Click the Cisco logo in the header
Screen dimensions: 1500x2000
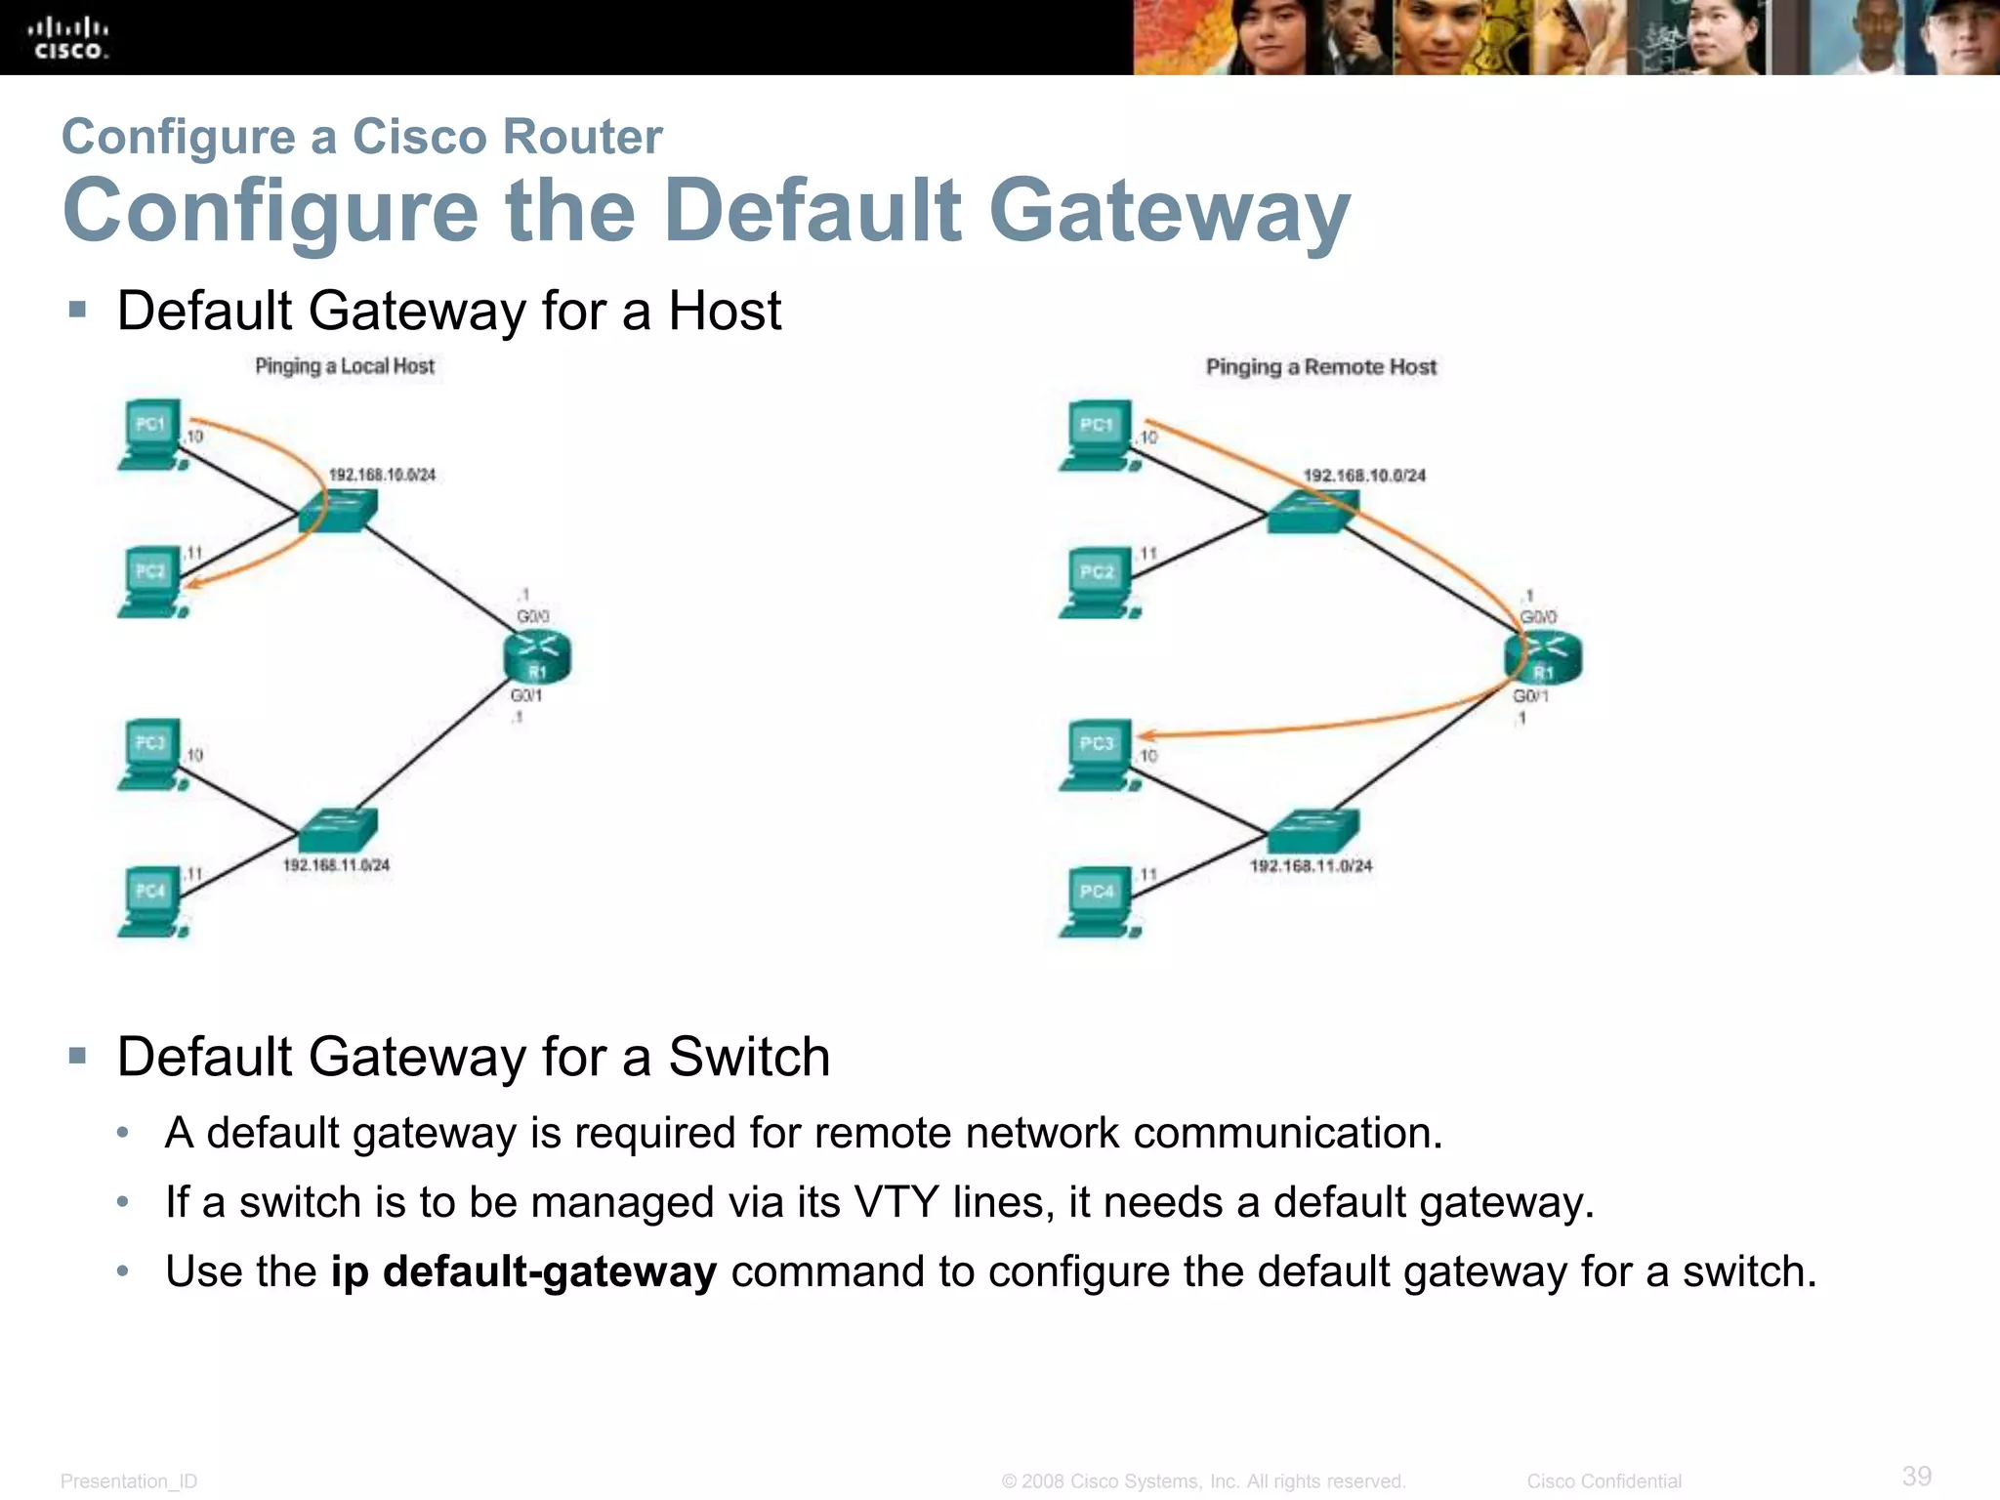67,38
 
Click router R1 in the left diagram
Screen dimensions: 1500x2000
537,656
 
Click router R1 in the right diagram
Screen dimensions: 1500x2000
1543,657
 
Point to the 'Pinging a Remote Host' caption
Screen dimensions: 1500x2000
1320,367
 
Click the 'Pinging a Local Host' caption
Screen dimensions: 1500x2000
344,366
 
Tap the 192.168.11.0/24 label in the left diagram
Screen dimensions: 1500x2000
336,865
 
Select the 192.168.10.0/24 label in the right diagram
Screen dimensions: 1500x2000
1364,476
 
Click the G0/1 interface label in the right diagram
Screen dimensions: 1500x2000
1530,696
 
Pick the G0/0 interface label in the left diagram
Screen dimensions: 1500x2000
532,616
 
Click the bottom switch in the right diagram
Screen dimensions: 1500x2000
1312,831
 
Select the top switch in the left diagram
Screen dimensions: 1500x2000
338,510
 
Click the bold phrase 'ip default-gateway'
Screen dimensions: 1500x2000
523,1271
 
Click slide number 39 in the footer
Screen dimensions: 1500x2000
1916,1476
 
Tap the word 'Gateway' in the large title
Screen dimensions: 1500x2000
1169,211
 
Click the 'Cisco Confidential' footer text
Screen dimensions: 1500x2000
1604,1481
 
